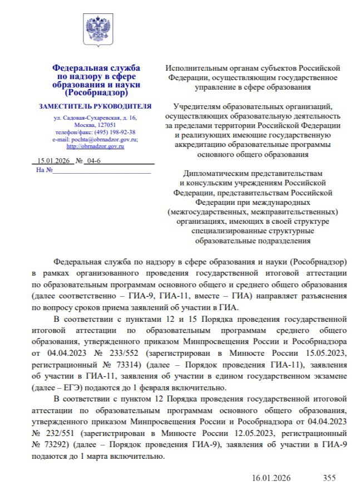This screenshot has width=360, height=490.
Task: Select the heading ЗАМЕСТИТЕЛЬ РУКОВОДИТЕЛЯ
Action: coord(95,106)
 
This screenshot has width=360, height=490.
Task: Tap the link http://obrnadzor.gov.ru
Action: coord(95,146)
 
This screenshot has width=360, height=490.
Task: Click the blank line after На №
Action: coord(102,170)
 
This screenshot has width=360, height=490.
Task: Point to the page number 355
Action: coord(330,478)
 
